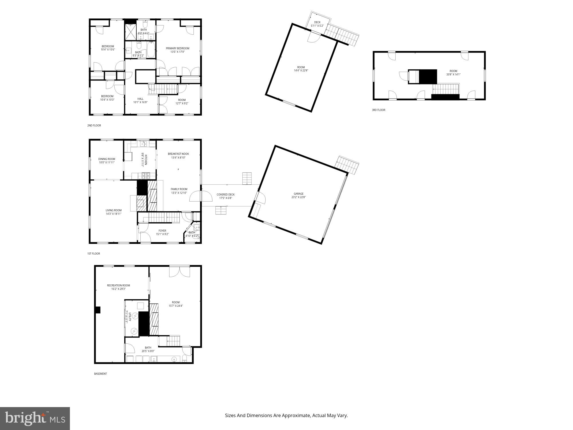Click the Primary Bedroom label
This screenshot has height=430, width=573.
(x=178, y=48)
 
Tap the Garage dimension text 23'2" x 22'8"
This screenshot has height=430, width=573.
(x=299, y=197)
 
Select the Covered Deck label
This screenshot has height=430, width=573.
(x=225, y=195)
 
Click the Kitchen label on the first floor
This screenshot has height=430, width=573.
(x=146, y=160)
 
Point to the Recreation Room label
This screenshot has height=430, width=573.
(x=118, y=286)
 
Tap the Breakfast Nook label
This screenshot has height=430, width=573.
(x=178, y=154)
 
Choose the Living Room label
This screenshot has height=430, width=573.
(x=113, y=210)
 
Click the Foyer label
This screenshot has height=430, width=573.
(x=162, y=231)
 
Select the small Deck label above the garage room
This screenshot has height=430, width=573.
(x=317, y=22)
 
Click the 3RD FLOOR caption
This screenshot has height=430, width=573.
(x=378, y=110)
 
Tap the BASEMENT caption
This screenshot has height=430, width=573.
(x=100, y=374)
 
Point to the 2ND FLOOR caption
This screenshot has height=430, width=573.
(x=94, y=126)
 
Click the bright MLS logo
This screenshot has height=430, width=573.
(x=35, y=418)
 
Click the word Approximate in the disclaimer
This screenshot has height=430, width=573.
(x=296, y=415)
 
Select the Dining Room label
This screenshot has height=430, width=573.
(x=107, y=159)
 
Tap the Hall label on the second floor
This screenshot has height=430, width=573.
(x=140, y=99)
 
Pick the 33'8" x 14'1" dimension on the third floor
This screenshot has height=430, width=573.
(x=453, y=75)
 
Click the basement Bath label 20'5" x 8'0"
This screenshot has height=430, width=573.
(x=148, y=351)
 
